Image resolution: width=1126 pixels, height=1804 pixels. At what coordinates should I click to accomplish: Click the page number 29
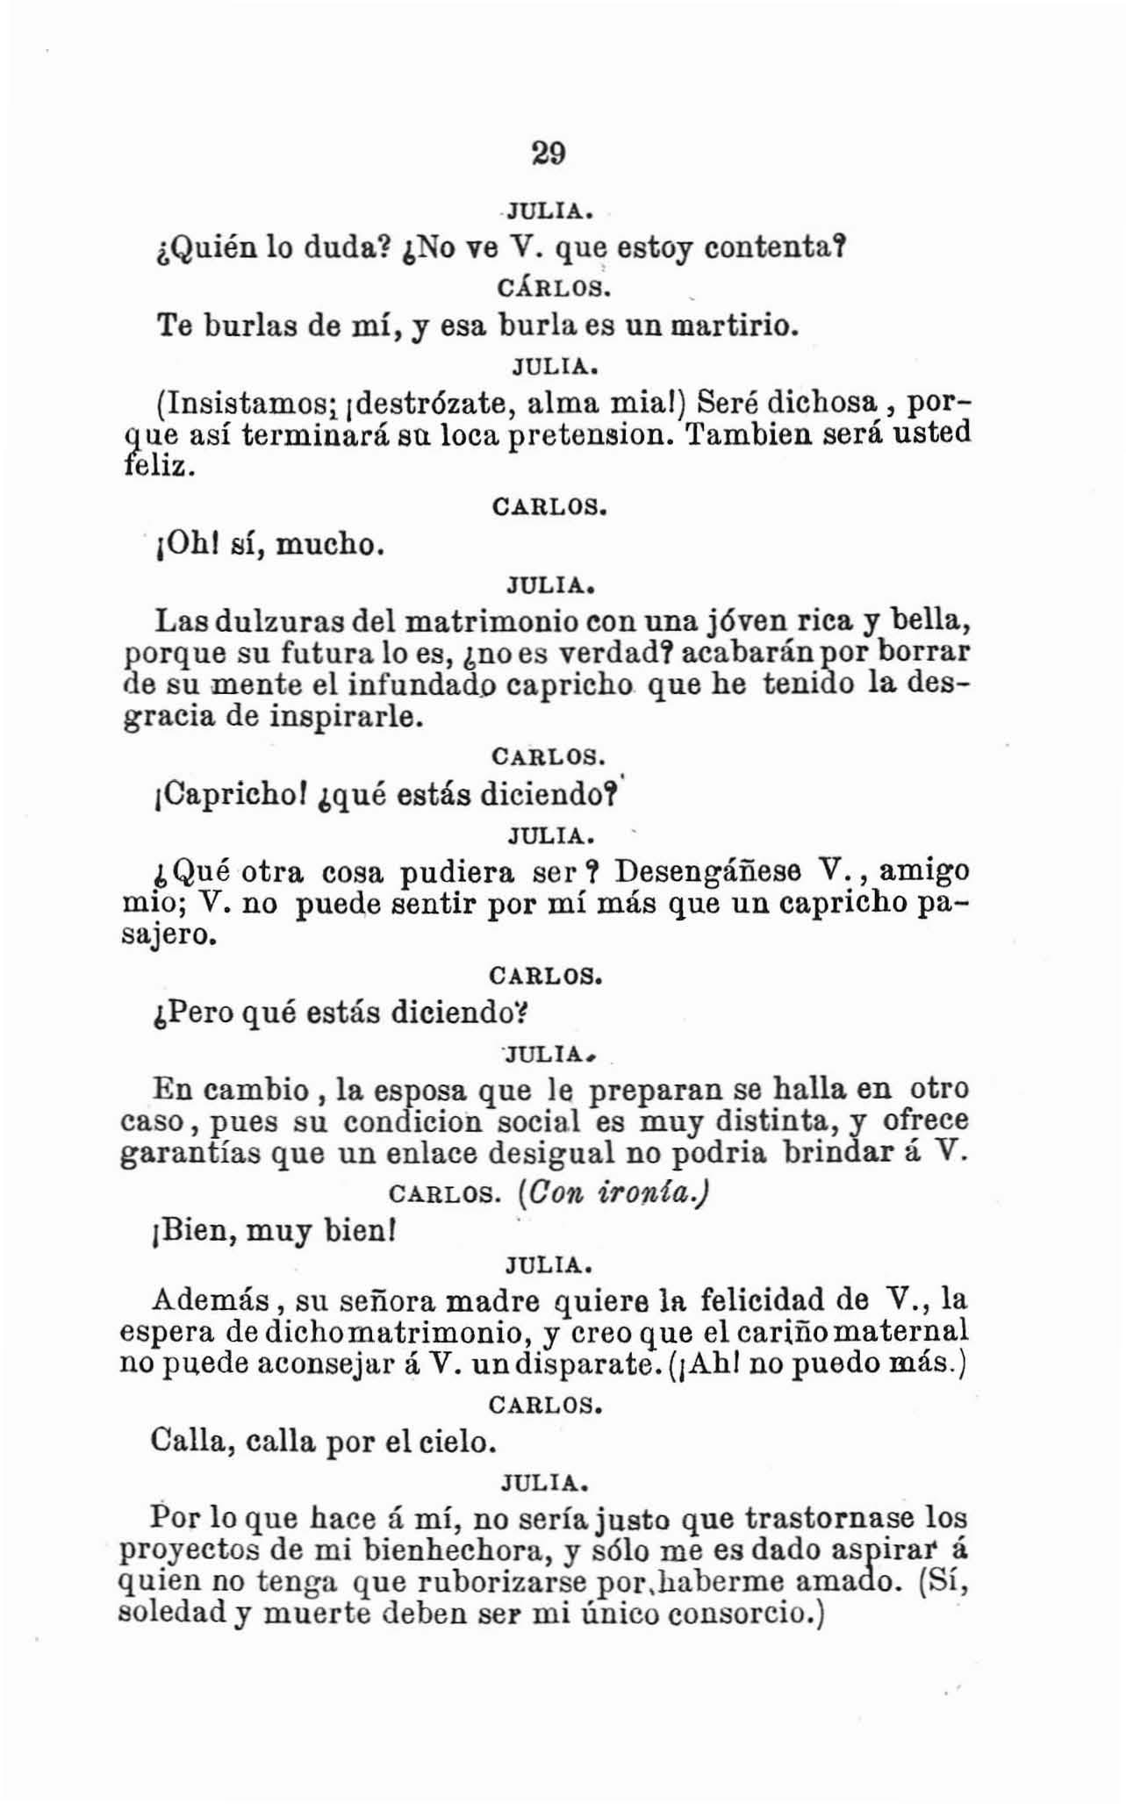pyautogui.click(x=549, y=154)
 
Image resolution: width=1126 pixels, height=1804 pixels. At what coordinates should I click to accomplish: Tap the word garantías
pyautogui.click(x=192, y=1153)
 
